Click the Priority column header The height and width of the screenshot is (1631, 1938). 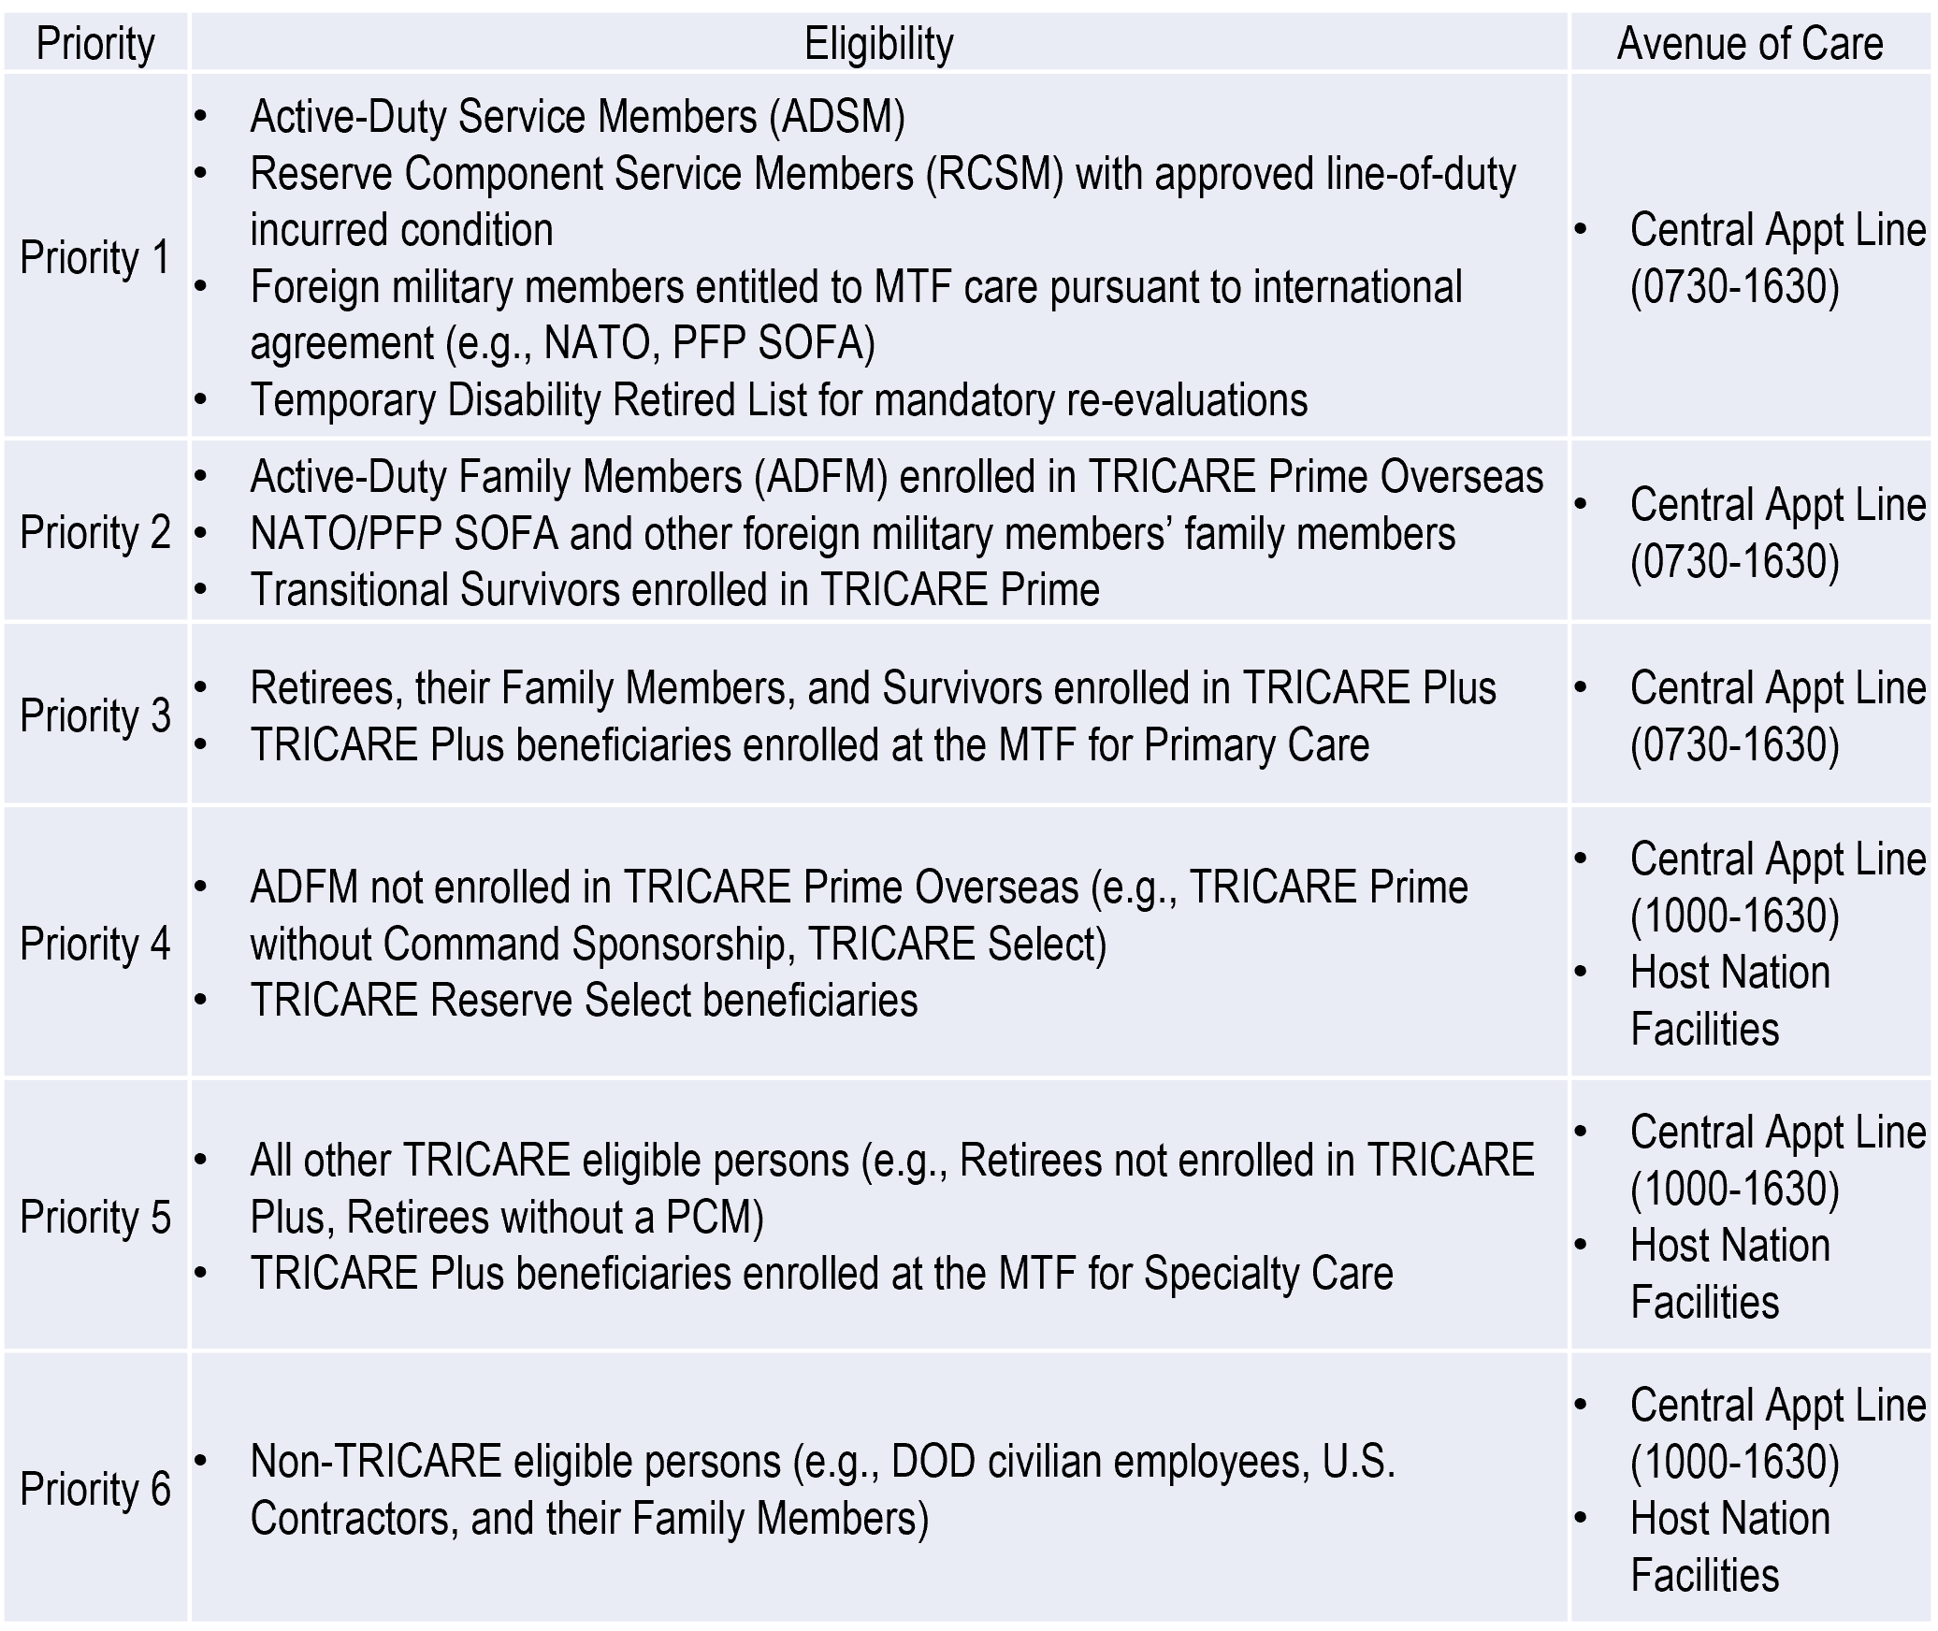click(95, 44)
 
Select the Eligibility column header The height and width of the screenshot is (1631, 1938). click(878, 44)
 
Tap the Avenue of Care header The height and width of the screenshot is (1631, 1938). click(1750, 44)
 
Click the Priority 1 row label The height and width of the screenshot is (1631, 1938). click(95, 257)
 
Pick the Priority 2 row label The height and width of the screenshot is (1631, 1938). click(95, 533)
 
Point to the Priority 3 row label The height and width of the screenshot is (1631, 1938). click(95, 715)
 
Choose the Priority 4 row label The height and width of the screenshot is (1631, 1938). click(95, 944)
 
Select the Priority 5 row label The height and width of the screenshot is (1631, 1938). click(95, 1217)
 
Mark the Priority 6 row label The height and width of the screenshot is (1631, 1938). click(95, 1489)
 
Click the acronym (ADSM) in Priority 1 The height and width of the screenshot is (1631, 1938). click(837, 117)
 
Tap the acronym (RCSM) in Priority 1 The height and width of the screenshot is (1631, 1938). click(995, 174)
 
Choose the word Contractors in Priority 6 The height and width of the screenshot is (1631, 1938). click(354, 1518)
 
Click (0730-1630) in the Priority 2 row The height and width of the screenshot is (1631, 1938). click(1735, 562)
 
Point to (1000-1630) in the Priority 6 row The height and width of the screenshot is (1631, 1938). click(1735, 1462)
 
